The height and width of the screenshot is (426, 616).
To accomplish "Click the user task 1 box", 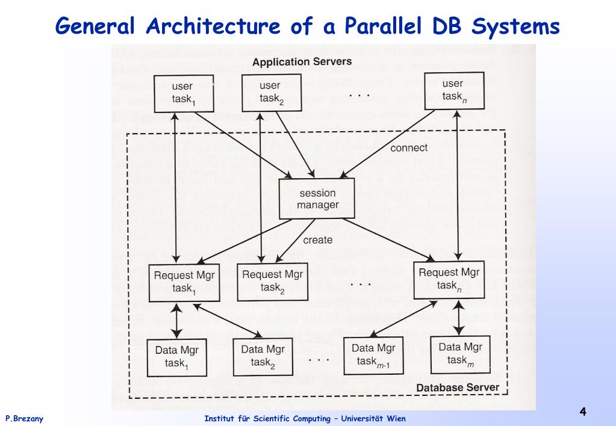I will coord(182,93).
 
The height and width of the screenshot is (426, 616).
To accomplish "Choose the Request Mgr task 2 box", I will coord(272,281).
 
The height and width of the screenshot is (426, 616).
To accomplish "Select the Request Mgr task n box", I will coord(449,279).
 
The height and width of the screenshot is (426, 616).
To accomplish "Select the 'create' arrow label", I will coord(317,240).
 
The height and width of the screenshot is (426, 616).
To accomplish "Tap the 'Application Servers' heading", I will coord(302,62).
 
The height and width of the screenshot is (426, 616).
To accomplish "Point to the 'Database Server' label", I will coord(458,387).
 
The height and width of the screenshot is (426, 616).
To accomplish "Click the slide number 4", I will coord(582,412).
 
